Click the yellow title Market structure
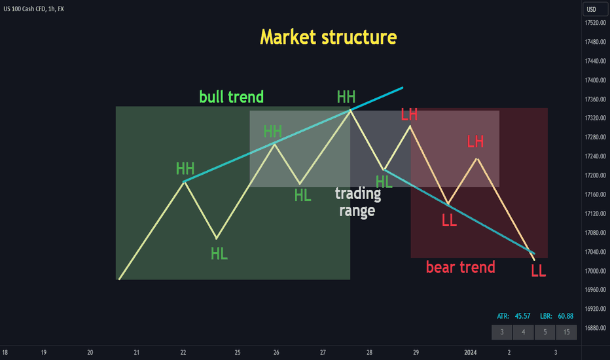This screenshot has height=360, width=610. click(329, 37)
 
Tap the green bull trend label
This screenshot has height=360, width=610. click(232, 96)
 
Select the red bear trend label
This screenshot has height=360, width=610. click(461, 267)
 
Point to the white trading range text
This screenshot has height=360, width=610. click(358, 202)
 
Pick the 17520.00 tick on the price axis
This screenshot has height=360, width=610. click(595, 23)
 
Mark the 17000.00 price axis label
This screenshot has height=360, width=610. click(595, 271)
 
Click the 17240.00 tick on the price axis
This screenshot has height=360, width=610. click(595, 156)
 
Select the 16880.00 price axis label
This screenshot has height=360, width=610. click(595, 328)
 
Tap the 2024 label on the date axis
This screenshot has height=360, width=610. click(471, 352)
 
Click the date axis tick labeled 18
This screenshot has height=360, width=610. click(5, 352)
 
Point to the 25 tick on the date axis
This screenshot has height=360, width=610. click(238, 352)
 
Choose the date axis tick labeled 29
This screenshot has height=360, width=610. click(416, 352)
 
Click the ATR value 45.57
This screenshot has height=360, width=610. click(522, 316)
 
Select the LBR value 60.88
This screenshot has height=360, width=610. click(565, 316)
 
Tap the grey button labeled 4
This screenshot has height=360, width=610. click(523, 332)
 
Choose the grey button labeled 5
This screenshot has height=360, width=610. click(545, 332)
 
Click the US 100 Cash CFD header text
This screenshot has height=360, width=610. click(25, 9)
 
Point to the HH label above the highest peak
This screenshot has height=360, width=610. click(346, 96)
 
